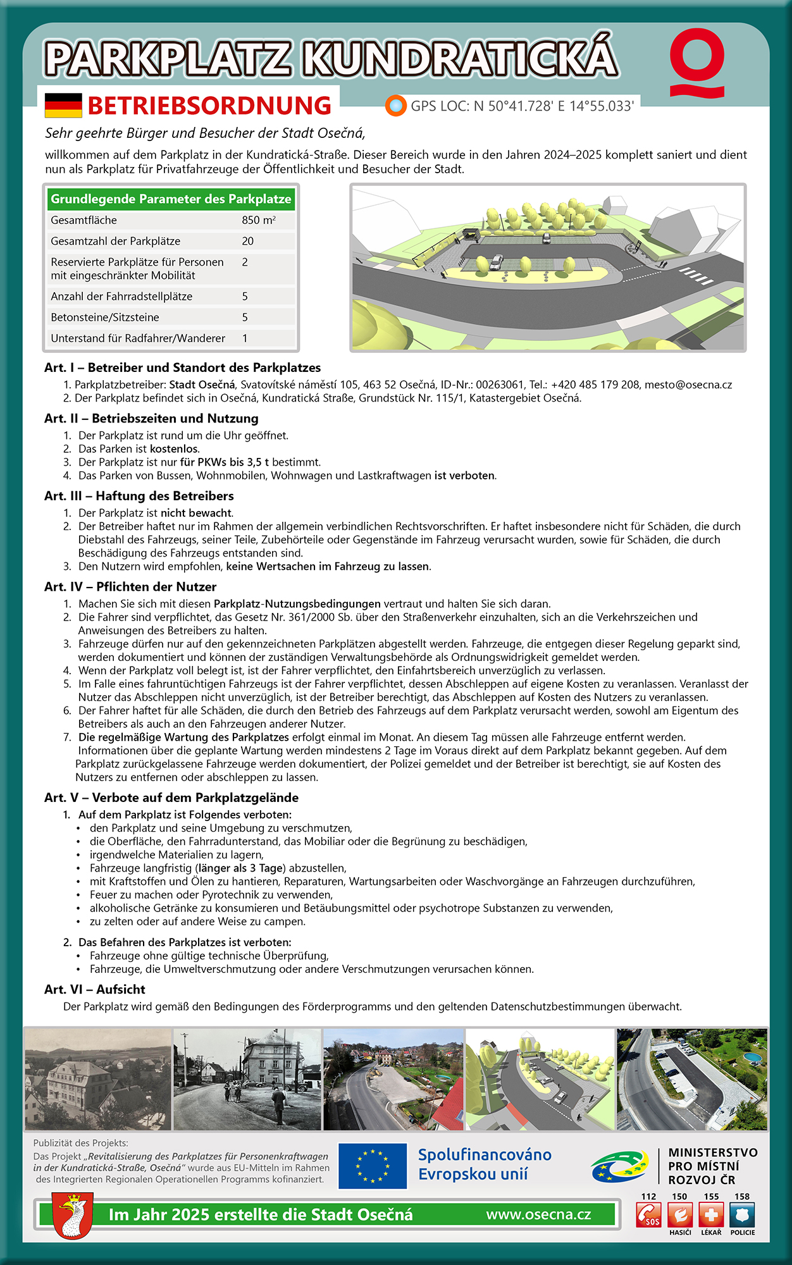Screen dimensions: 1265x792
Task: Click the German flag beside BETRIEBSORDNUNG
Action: tap(63, 106)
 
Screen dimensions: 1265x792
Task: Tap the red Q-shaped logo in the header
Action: tap(697, 61)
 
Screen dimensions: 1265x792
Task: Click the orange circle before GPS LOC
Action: tap(396, 106)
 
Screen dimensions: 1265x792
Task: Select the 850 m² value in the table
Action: tap(259, 220)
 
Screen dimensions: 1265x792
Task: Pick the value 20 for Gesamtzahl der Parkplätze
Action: tap(248, 241)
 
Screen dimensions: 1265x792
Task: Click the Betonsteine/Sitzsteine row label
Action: tap(105, 317)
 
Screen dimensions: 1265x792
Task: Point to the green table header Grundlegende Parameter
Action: tap(171, 199)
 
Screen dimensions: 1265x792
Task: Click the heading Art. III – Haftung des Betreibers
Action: tap(139, 496)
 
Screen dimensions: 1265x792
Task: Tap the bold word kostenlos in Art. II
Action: tap(174, 449)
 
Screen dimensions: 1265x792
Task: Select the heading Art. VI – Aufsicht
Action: tap(95, 989)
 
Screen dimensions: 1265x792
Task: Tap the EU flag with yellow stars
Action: tap(373, 1166)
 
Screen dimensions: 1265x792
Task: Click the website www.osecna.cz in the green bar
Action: tap(538, 1214)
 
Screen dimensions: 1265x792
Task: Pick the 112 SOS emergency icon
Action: tap(649, 1214)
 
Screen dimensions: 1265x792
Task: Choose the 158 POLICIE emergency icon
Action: tap(742, 1214)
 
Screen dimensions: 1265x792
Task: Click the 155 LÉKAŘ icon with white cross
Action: tap(711, 1214)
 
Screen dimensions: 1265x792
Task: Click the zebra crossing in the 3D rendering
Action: tap(696, 276)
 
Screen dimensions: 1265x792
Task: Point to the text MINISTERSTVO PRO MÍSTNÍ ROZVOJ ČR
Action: tap(713, 1166)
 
